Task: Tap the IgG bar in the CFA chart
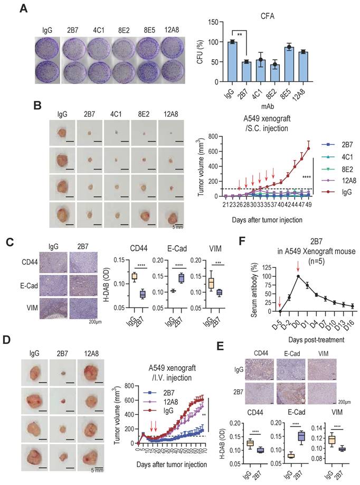(232, 62)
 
